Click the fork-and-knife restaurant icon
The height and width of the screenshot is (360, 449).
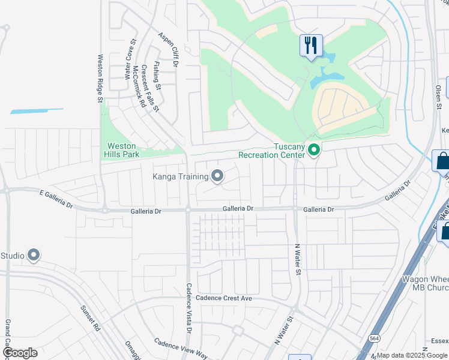click(x=311, y=46)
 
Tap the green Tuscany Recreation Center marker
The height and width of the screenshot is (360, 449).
click(x=313, y=149)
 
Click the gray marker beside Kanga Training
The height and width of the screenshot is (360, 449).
click(x=217, y=176)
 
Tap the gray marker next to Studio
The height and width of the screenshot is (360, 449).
click(x=34, y=256)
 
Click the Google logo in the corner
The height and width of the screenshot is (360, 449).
click(x=19, y=353)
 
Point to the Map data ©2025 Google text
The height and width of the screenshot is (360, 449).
click(x=412, y=355)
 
